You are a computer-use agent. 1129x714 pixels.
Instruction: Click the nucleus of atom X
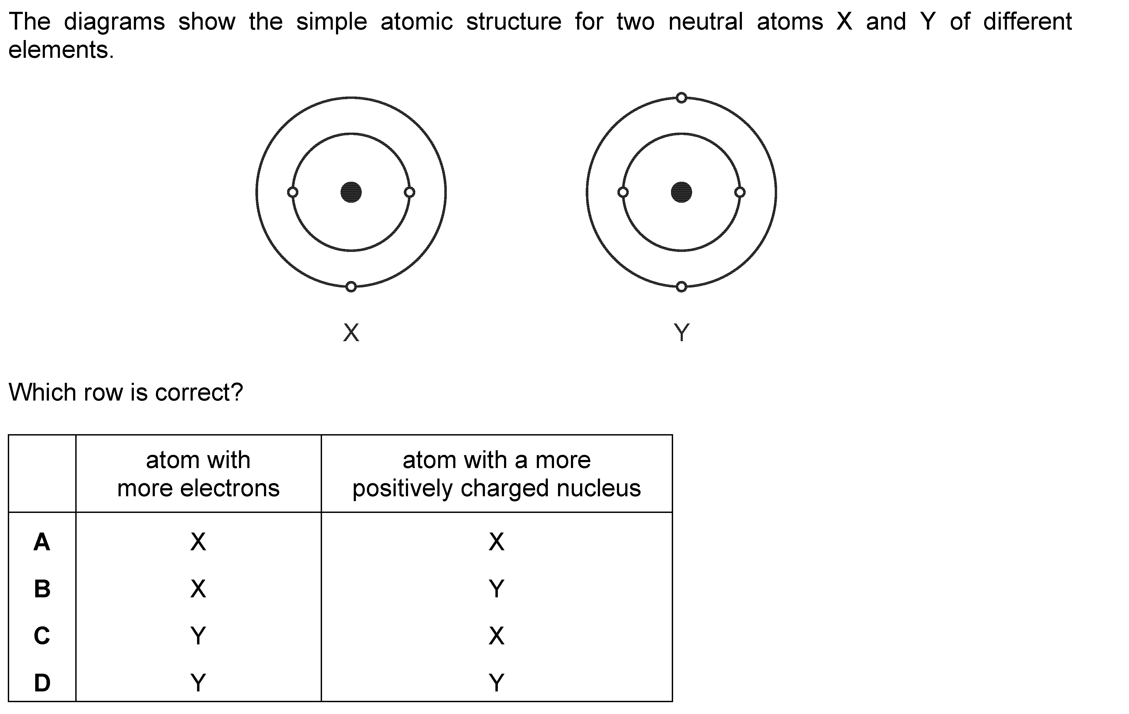coord(351,192)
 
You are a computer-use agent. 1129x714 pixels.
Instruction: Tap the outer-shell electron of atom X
coord(351,287)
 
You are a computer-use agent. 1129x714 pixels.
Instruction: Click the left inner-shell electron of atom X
coord(292,192)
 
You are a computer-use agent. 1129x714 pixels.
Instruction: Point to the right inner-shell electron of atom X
coord(409,192)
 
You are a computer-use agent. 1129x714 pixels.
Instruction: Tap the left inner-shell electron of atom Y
coord(623,192)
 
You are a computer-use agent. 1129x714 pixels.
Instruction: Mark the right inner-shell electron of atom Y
coord(740,192)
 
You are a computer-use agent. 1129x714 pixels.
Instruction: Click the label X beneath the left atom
coord(351,333)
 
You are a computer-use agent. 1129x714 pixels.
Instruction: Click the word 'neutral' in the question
coord(706,22)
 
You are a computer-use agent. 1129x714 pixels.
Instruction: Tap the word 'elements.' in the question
coord(61,50)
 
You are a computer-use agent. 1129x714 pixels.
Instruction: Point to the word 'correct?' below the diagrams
coord(199,392)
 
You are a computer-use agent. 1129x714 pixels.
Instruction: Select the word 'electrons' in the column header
coord(230,488)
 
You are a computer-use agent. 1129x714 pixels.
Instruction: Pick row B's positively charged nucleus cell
coord(496,589)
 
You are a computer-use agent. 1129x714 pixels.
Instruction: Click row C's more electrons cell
coord(198,636)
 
